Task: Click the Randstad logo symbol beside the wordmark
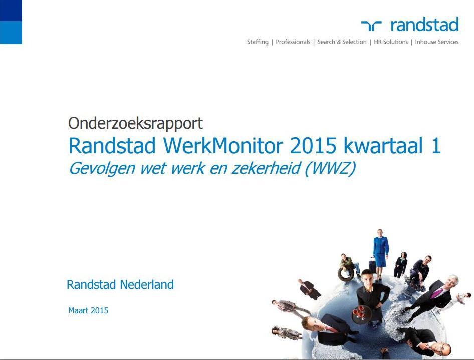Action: [x=371, y=26]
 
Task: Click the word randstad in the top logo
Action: [x=425, y=24]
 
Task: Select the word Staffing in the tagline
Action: [x=258, y=42]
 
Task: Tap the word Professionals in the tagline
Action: [x=293, y=42]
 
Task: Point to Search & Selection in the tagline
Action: [x=342, y=42]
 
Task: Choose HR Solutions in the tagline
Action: [x=391, y=42]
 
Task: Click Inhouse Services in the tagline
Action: [x=437, y=42]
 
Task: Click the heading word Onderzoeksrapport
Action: [x=135, y=124]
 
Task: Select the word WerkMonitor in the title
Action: [x=223, y=146]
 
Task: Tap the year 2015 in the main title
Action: [x=313, y=146]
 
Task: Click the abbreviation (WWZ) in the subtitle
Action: [x=330, y=168]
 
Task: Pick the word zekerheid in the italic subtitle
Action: [x=266, y=168]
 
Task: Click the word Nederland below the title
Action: [x=147, y=285]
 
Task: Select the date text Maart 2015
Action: [x=88, y=311]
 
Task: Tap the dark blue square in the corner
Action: [x=11, y=11]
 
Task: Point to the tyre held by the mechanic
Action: [x=346, y=274]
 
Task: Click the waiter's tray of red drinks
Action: [x=361, y=314]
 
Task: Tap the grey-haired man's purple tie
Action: [x=437, y=293]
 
